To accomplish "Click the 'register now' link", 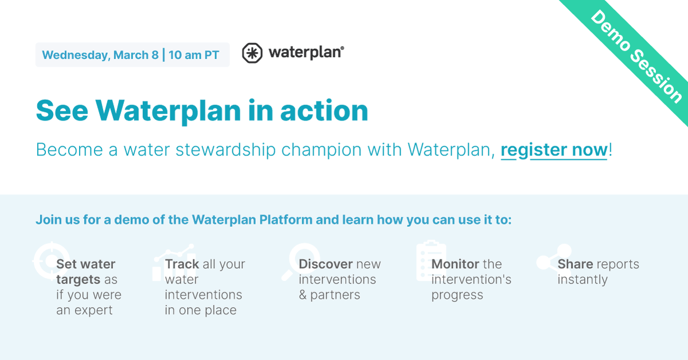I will [x=554, y=150].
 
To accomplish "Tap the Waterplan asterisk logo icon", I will [x=252, y=53].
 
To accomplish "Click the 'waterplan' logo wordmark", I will [x=306, y=53].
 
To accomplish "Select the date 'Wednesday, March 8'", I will [x=100, y=55].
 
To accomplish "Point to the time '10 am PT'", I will [x=194, y=55].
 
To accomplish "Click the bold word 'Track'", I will [x=182, y=264].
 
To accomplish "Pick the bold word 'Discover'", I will [x=326, y=264].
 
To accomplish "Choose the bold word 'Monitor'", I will [x=455, y=264].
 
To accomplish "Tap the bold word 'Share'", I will [x=575, y=264].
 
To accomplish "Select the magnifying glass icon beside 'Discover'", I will [x=300, y=261].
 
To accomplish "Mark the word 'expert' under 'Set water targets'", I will [x=92, y=311].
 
